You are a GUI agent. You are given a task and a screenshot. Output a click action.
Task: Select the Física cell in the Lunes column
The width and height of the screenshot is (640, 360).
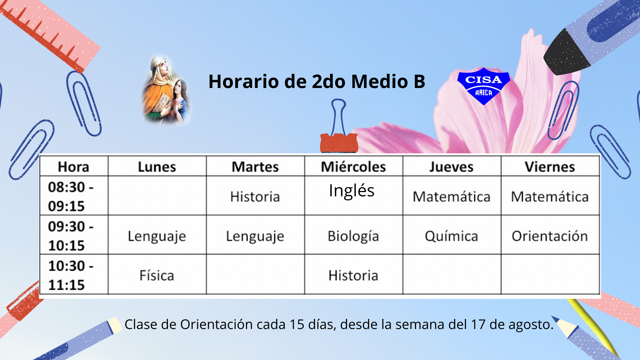coord(157,276)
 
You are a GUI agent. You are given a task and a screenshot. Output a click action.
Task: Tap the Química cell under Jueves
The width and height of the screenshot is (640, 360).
coord(451,236)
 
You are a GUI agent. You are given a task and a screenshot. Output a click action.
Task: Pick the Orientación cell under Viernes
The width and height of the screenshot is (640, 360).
coord(550,236)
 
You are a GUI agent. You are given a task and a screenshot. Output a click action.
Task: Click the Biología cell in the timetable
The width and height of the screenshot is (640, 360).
coord(353,236)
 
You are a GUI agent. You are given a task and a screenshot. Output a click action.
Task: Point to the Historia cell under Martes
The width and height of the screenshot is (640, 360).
coord(255,197)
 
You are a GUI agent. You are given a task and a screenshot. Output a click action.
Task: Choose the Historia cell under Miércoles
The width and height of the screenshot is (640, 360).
coord(353,276)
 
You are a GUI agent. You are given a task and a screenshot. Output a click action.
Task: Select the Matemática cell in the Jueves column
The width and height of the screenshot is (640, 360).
coord(451,197)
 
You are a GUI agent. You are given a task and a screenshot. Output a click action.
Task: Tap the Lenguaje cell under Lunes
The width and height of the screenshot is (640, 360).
coord(157,236)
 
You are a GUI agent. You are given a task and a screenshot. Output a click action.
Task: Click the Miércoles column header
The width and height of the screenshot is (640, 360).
coord(353,167)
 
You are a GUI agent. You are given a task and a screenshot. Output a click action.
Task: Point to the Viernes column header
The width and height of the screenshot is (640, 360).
coord(550,167)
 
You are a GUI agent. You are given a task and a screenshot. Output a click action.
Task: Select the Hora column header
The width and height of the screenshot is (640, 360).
coord(74,167)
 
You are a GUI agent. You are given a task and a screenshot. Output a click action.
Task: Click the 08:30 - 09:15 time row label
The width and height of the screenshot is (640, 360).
coord(71,197)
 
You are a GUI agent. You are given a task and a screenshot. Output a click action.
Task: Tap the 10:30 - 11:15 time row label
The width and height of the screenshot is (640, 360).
coord(71,275)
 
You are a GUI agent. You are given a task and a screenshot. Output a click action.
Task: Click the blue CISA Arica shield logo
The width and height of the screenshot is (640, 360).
coord(483,86)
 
